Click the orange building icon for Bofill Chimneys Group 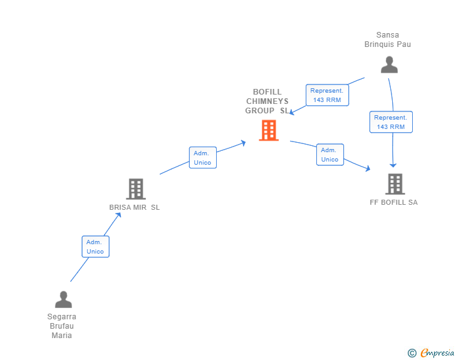(x=269, y=130)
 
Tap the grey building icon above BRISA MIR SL (x=135, y=188)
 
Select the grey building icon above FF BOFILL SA (x=395, y=184)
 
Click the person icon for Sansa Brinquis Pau (x=389, y=64)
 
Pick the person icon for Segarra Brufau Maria (x=63, y=299)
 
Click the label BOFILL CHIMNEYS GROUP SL (x=267, y=101)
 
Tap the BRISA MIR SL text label (x=135, y=207)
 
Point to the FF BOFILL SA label (x=394, y=202)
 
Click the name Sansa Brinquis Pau (x=388, y=39)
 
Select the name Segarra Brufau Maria (x=62, y=326)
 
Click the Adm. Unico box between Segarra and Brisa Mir (x=95, y=247)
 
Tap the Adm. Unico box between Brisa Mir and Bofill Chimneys (x=203, y=157)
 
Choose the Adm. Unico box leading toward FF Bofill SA (x=329, y=155)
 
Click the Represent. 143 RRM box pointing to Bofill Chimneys (x=327, y=95)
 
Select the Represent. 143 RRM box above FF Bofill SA (x=391, y=122)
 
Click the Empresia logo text (x=437, y=353)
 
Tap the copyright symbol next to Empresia (x=412, y=353)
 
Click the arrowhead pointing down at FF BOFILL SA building (x=393, y=165)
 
